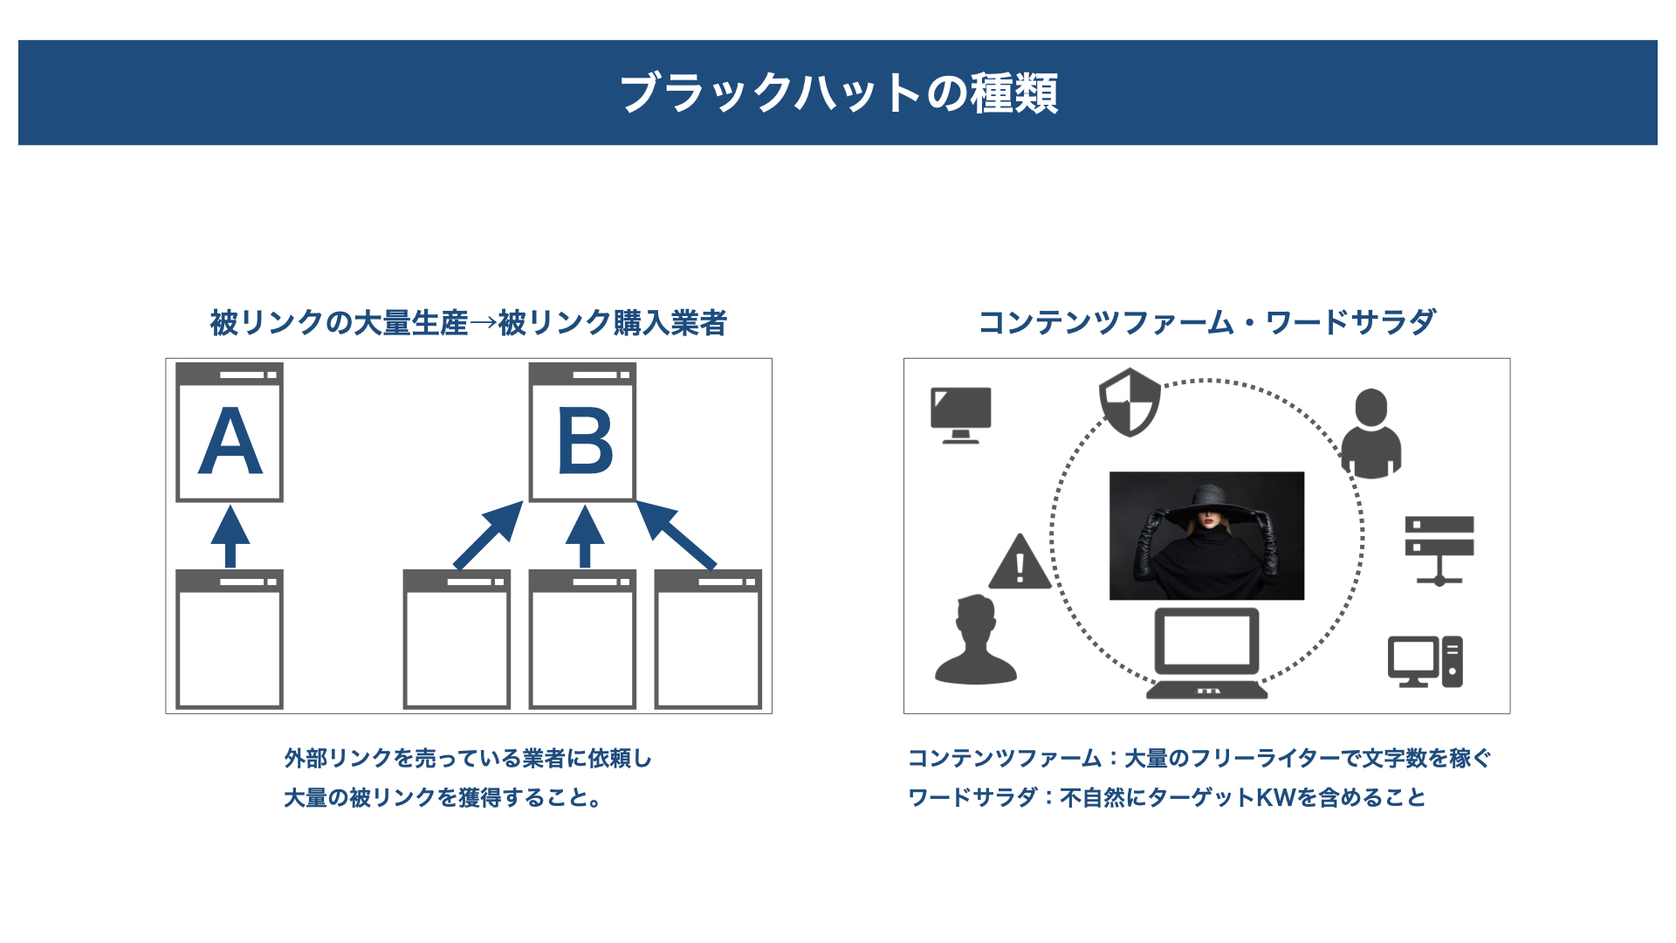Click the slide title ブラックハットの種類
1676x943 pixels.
point(839,93)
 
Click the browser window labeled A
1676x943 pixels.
point(230,432)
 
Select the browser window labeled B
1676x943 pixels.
point(582,432)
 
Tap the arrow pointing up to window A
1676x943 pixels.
point(230,536)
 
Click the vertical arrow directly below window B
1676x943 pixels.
point(585,536)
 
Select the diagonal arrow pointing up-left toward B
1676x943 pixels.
point(677,534)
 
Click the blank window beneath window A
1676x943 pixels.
point(230,639)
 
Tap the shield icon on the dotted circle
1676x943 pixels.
point(1130,403)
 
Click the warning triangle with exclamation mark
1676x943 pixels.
point(1020,561)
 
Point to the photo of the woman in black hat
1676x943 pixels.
point(1206,536)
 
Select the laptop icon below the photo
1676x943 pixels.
point(1206,653)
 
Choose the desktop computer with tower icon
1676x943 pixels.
point(1425,662)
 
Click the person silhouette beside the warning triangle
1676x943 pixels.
point(976,639)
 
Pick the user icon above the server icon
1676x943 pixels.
point(1371,433)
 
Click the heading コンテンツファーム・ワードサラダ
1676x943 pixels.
point(1207,322)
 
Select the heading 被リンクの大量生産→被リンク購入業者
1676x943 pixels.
point(469,323)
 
